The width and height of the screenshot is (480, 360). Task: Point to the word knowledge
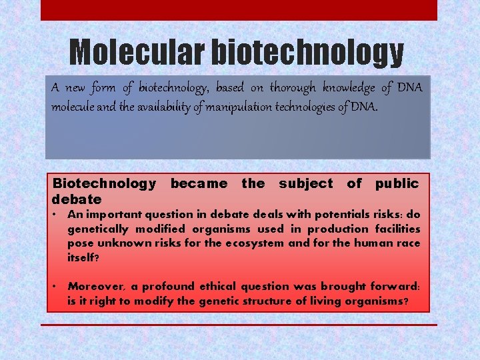pyautogui.click(x=346, y=87)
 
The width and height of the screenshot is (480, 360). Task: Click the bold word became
pyautogui.click(x=199, y=183)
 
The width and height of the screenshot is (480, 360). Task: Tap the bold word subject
pyautogui.click(x=305, y=183)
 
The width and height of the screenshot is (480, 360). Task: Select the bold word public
pyautogui.click(x=397, y=183)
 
